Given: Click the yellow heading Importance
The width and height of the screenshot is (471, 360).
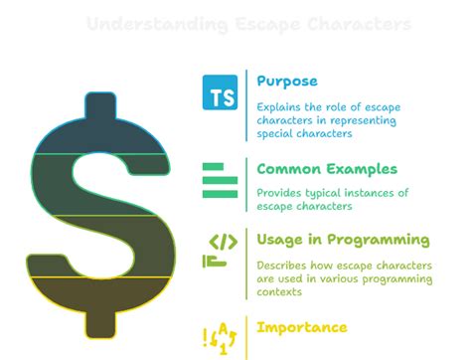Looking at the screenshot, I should tap(302, 326).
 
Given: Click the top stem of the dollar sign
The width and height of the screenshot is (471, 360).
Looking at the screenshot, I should tap(99, 108).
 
